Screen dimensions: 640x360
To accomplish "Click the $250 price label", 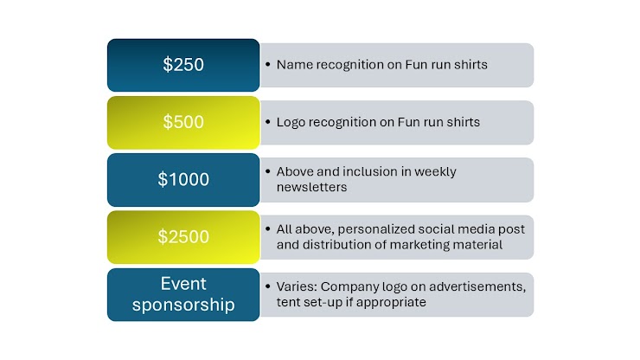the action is [183, 65].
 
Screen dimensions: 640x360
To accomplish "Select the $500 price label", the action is [183, 122].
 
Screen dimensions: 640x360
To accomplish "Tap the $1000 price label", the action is [183, 179].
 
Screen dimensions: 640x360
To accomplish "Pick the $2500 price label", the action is [183, 236].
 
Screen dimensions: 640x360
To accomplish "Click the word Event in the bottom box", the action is [183, 284].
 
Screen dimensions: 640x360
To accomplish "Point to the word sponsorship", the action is [183, 305].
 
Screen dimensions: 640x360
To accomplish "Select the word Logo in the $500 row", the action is [291, 122].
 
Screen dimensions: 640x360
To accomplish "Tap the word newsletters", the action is [311, 187].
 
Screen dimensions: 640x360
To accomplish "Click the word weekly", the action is [435, 172].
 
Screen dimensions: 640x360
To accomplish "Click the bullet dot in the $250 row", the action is [268, 64].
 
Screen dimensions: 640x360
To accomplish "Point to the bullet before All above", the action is [268, 228].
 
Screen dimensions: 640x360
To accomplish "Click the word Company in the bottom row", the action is [349, 287].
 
